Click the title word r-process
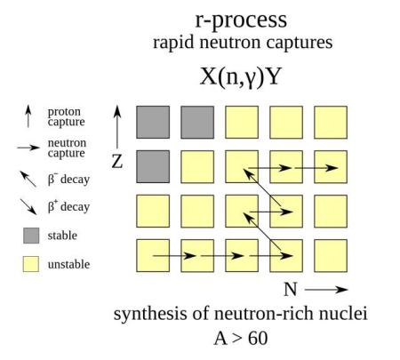(x=241, y=20)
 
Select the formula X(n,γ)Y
(x=240, y=76)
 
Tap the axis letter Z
(x=117, y=162)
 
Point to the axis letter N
(x=291, y=289)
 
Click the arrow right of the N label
(x=326, y=290)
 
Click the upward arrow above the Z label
(x=117, y=127)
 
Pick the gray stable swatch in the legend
(x=31, y=236)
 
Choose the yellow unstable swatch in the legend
(x=31, y=264)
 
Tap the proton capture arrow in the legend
(x=28, y=116)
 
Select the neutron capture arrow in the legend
(x=28, y=148)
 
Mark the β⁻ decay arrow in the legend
(x=28, y=179)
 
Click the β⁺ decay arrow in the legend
(x=28, y=206)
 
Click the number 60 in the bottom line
(x=258, y=338)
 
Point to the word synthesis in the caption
(x=150, y=314)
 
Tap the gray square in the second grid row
(x=153, y=166)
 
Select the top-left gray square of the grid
(x=153, y=122)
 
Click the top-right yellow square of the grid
(x=331, y=122)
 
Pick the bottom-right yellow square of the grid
(x=331, y=256)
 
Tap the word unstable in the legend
(x=68, y=264)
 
